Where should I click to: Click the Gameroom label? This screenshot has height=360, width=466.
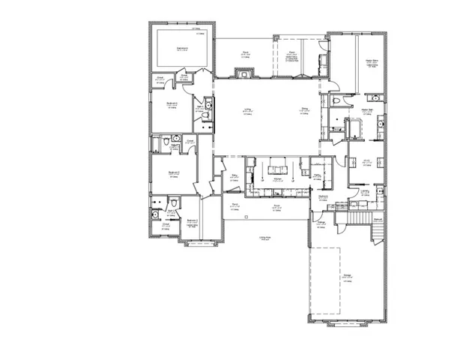click(x=182, y=48)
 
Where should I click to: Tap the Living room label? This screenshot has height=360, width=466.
click(x=247, y=110)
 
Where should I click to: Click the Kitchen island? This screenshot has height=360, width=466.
click(x=276, y=166)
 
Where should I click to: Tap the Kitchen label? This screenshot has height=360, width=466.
click(x=276, y=178)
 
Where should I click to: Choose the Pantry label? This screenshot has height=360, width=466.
click(x=318, y=175)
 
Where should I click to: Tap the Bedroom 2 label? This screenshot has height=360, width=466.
click(x=192, y=220)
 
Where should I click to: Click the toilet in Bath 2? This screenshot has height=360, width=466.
click(x=172, y=202)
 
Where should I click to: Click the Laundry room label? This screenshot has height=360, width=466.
click(x=365, y=191)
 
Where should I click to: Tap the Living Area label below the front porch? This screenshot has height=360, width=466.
click(x=264, y=238)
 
